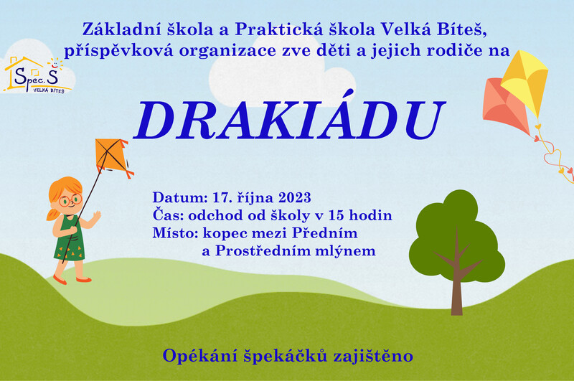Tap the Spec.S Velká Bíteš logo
(x=35, y=75)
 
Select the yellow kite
(x=525, y=83)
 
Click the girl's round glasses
(x=70, y=201)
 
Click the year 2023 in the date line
(x=295, y=197)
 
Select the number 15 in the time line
(x=337, y=215)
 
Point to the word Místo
(x=175, y=232)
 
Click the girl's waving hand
(x=96, y=217)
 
